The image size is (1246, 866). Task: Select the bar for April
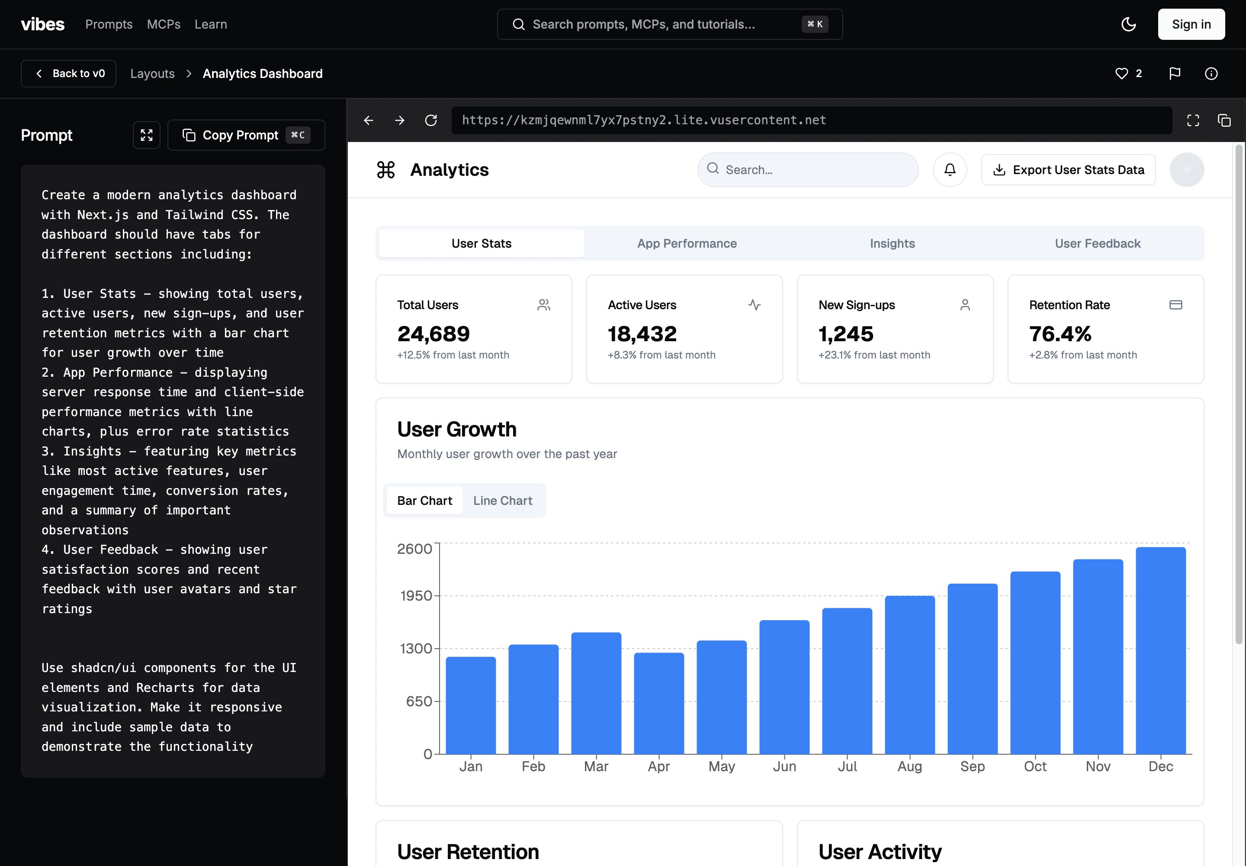[x=659, y=703]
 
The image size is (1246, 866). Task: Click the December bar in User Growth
[x=1161, y=651]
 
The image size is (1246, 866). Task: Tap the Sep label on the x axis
[x=973, y=766]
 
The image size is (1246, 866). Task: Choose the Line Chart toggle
[x=503, y=500]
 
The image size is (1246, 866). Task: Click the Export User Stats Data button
[x=1068, y=170]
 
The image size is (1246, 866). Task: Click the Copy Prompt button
[x=246, y=135]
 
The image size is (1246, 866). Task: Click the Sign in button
[x=1191, y=24]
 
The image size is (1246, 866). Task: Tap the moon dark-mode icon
[x=1128, y=24]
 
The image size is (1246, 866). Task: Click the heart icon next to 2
[x=1121, y=73]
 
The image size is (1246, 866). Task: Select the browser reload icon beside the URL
[x=431, y=120]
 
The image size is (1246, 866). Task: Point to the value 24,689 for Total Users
[x=433, y=334]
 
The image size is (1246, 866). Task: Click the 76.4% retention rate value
[x=1060, y=334]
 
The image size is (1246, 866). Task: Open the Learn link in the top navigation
[x=210, y=24]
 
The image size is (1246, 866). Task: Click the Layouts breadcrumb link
[x=152, y=73]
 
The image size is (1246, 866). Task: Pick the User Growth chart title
[x=456, y=429]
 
